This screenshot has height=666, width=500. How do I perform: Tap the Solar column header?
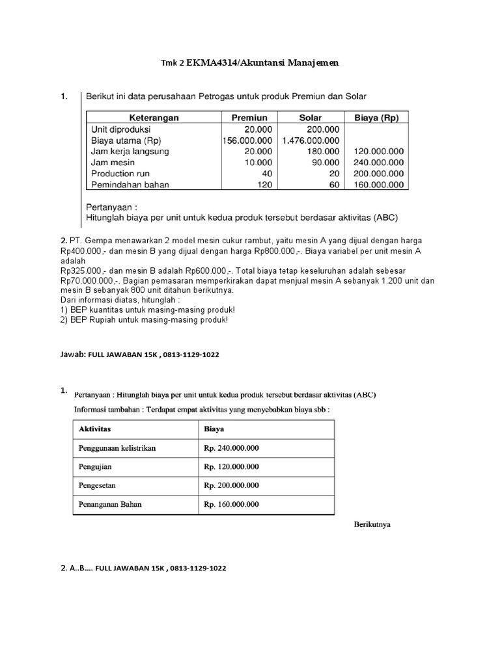(310, 118)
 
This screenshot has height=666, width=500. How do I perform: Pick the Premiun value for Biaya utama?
(247, 140)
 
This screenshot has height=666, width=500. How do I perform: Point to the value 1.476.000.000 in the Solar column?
(311, 140)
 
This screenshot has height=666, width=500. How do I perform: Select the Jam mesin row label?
(113, 163)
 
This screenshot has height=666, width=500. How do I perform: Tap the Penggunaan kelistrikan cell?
(117, 448)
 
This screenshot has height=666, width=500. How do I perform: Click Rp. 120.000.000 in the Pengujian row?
(231, 466)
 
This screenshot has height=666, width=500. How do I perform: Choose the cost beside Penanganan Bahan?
(231, 503)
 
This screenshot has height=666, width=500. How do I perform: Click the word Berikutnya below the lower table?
(372, 524)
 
